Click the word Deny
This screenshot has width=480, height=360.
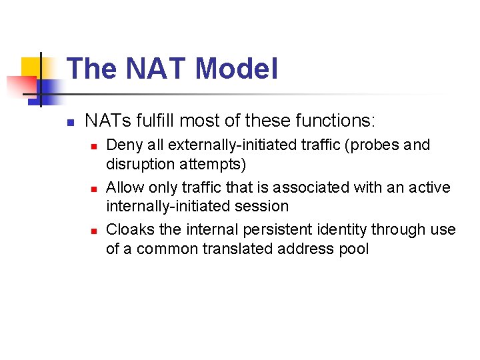[x=122, y=145]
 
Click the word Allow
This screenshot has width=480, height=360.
[x=124, y=187]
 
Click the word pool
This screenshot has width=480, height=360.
[x=353, y=249]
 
